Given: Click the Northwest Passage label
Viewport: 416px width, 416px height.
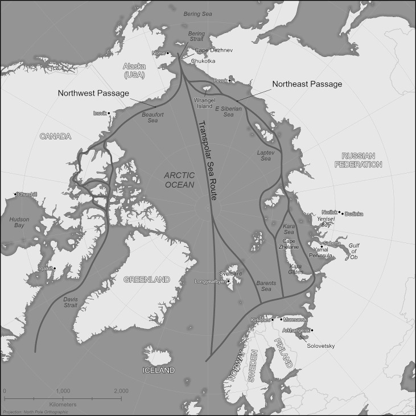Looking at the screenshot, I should (x=93, y=93).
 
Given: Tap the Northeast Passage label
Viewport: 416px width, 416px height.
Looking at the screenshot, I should (x=307, y=84).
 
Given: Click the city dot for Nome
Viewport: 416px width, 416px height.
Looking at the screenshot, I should (x=167, y=53).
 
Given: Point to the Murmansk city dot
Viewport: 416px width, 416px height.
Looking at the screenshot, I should (x=280, y=319).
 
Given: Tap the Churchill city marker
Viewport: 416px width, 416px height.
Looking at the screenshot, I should (x=15, y=195).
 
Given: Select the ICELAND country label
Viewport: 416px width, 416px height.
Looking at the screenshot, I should (x=158, y=370).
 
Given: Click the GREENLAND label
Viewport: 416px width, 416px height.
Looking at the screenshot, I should (x=147, y=279).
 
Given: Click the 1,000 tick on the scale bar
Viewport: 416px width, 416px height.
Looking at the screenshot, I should (x=63, y=397).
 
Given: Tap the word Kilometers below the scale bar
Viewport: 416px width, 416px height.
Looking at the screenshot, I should (x=63, y=404).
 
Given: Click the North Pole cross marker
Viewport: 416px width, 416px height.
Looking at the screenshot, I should (x=208, y=208).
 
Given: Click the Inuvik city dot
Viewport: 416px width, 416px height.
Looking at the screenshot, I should (x=108, y=113).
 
